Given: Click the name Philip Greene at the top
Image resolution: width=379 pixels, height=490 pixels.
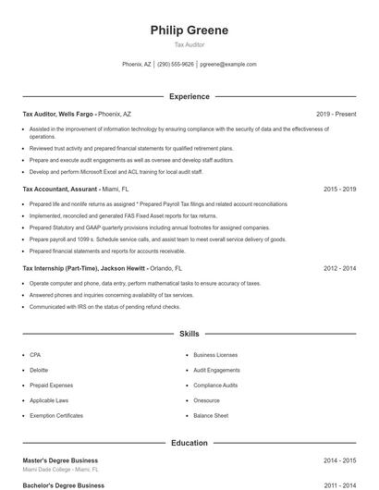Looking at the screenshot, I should click(189, 30).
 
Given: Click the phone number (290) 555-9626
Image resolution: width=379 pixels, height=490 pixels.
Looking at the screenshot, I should click(176, 65).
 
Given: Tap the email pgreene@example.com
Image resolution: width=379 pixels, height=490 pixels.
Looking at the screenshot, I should click(228, 65).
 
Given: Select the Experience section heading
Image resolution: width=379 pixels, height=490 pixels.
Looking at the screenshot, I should click(189, 96).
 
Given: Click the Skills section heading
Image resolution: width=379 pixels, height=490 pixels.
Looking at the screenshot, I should click(189, 333).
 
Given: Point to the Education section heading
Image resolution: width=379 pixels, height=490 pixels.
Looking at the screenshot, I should click(189, 443).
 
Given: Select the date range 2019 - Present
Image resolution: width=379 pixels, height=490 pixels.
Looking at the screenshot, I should click(336, 114).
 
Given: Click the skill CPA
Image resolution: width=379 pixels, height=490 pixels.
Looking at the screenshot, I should click(35, 354).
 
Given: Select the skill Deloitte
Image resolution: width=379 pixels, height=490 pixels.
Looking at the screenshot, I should click(38, 370).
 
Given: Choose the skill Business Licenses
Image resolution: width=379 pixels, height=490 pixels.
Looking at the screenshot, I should click(215, 354).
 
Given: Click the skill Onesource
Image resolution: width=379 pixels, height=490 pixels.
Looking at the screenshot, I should click(206, 400).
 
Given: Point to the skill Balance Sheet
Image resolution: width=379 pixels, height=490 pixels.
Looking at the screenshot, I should click(211, 416).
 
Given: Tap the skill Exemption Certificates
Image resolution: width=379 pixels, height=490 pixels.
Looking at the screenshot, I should click(56, 416).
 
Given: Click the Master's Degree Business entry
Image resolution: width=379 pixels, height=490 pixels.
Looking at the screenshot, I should click(60, 460).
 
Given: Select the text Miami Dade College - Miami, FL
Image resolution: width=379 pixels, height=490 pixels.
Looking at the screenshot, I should click(60, 471).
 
